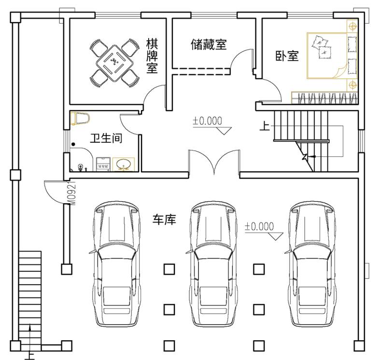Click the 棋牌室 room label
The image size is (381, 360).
(152, 56)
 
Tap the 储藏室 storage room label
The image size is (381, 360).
(209, 44)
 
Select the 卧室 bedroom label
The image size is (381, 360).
(287, 56)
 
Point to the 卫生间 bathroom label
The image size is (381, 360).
(106, 138)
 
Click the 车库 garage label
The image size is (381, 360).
(164, 219)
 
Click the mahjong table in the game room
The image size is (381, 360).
(114, 63)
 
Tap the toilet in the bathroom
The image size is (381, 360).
(80, 118)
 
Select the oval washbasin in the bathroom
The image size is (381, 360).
(124, 165)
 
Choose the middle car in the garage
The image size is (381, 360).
(212, 264)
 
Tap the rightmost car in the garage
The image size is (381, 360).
(311, 264)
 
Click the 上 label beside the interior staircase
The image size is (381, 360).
(265, 126)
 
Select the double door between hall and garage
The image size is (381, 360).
(214, 162)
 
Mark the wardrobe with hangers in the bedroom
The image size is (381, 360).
(325, 98)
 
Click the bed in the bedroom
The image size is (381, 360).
(332, 56)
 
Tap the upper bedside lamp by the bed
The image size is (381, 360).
(353, 26)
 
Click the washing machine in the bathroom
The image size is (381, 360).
(103, 165)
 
